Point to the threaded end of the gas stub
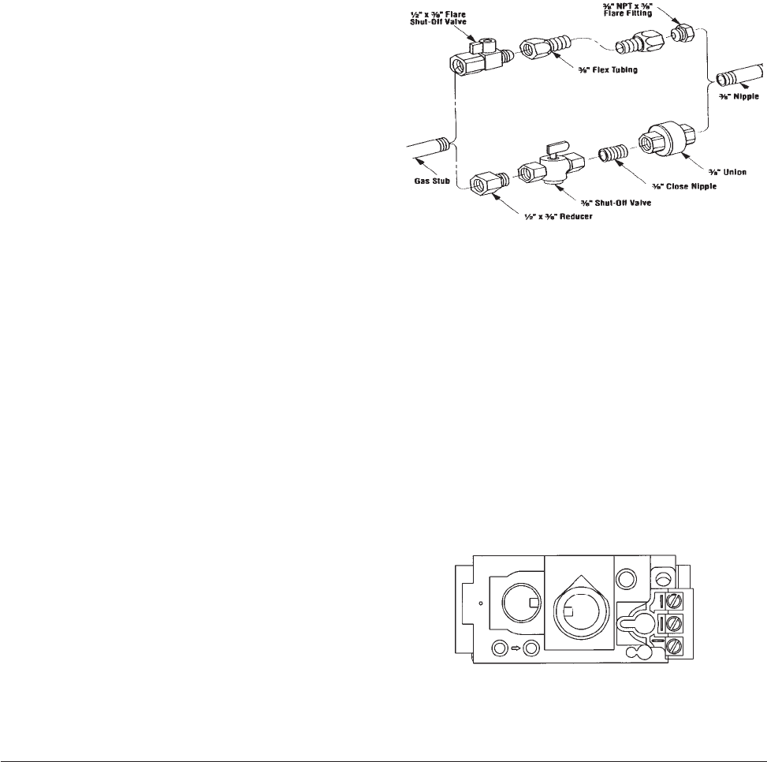[x=444, y=145]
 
